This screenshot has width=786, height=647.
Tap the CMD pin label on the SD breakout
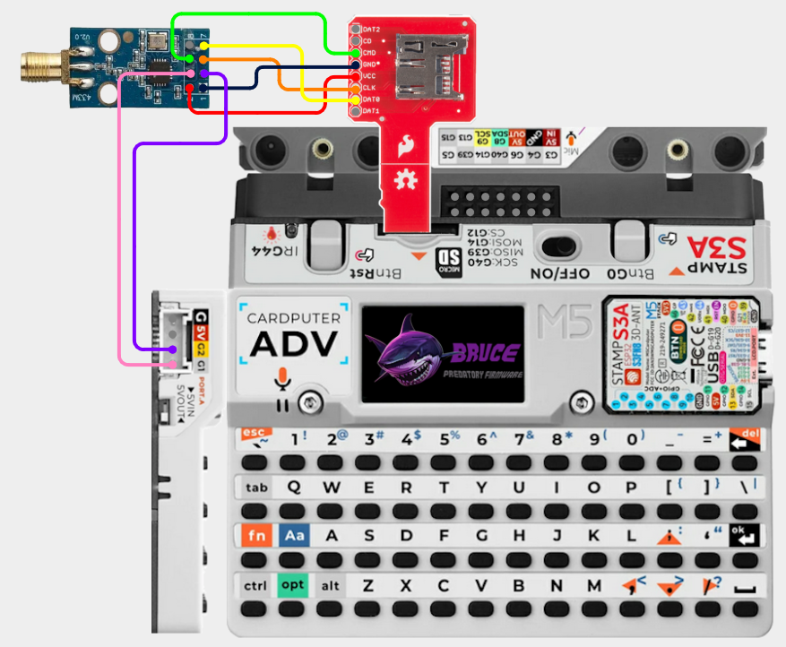click(368, 53)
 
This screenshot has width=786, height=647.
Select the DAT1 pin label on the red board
click(369, 110)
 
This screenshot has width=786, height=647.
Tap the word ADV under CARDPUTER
click(293, 343)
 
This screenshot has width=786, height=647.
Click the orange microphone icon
click(282, 378)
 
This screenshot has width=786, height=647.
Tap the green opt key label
click(292, 585)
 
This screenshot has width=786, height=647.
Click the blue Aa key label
click(293, 536)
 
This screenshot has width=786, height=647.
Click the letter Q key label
click(293, 487)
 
